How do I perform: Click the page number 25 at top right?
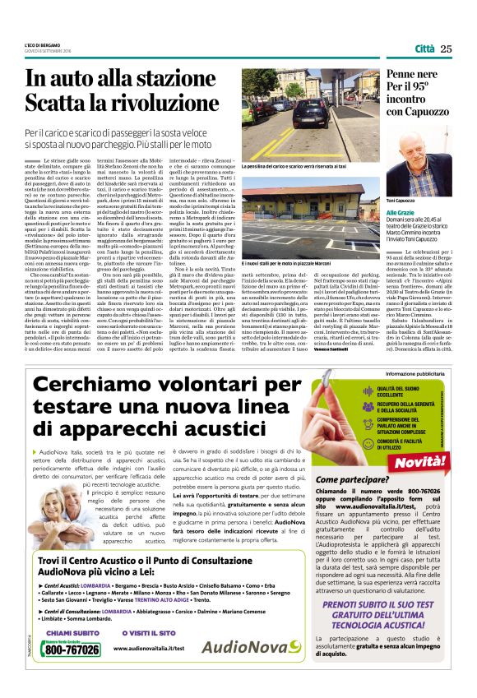click(446, 49)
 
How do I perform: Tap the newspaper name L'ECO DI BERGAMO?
click(41, 44)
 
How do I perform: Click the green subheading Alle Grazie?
click(401, 213)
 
